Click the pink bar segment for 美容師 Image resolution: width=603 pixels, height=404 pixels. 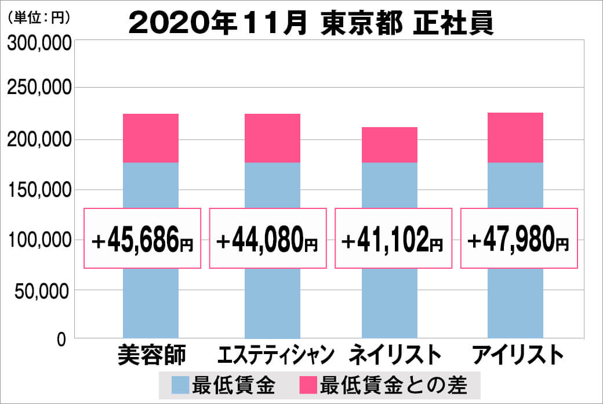151,138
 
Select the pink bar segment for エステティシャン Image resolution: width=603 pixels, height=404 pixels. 273,138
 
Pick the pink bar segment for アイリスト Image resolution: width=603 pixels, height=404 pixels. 515,138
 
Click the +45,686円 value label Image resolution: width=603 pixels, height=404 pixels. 143,239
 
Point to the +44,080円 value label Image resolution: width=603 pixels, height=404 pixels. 267,239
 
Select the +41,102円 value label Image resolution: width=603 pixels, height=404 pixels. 393,239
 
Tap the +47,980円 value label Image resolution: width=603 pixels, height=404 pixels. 519,239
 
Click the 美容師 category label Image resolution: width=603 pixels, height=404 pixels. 151,354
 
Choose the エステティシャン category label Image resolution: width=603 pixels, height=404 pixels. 276,354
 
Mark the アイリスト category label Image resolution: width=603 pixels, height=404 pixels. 518,354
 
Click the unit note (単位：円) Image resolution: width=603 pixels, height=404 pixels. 39,18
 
